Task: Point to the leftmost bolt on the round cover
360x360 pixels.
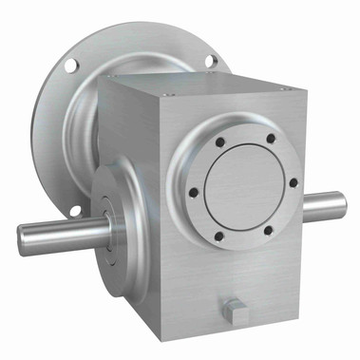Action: (x=194, y=192)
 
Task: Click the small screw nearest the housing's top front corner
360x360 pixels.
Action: (x=169, y=94)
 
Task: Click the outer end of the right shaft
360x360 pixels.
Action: (x=341, y=204)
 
